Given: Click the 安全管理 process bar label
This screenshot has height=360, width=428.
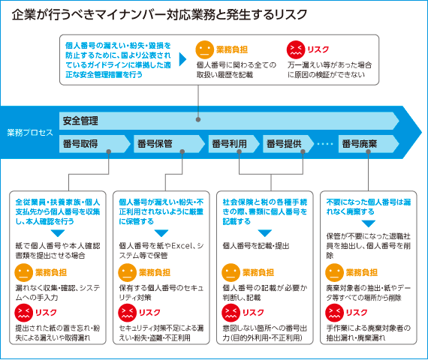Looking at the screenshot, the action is (80, 121).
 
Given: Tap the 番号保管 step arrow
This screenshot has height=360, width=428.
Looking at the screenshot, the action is (169, 144).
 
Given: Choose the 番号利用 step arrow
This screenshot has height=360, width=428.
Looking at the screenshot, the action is (234, 144).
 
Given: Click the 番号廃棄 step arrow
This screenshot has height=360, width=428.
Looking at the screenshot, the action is (369, 144).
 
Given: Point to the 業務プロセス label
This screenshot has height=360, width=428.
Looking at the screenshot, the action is (30, 133).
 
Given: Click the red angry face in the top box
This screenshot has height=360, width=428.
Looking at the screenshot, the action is (296, 49).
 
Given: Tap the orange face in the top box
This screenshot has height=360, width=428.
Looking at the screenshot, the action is (205, 49).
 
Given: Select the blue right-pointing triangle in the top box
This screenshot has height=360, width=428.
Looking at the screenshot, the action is (182, 59).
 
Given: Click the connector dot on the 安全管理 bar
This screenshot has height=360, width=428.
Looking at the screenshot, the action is (198, 119).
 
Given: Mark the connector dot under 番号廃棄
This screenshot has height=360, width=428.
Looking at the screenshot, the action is (368, 151).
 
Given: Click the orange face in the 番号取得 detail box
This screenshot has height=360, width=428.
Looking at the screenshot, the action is (24, 272).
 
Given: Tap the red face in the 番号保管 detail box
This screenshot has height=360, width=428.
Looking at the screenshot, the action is (127, 313).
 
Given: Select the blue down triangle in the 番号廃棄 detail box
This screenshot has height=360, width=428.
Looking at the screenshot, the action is (369, 224).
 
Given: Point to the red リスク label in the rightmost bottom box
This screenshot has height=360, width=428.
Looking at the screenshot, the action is (357, 313).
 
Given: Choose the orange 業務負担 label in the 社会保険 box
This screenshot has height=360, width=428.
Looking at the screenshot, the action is (258, 272).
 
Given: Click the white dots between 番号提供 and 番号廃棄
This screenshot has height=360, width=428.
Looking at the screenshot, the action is (325, 144).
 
